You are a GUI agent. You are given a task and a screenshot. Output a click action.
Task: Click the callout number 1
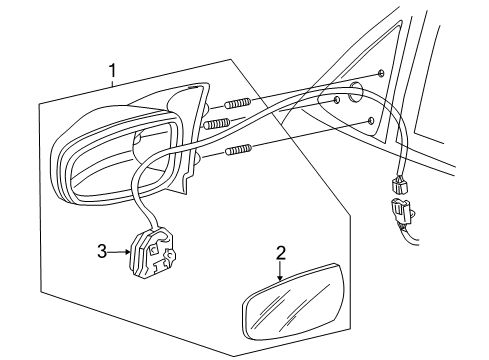point(114,71)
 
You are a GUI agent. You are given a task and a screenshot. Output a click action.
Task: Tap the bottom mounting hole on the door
point(372,120)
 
